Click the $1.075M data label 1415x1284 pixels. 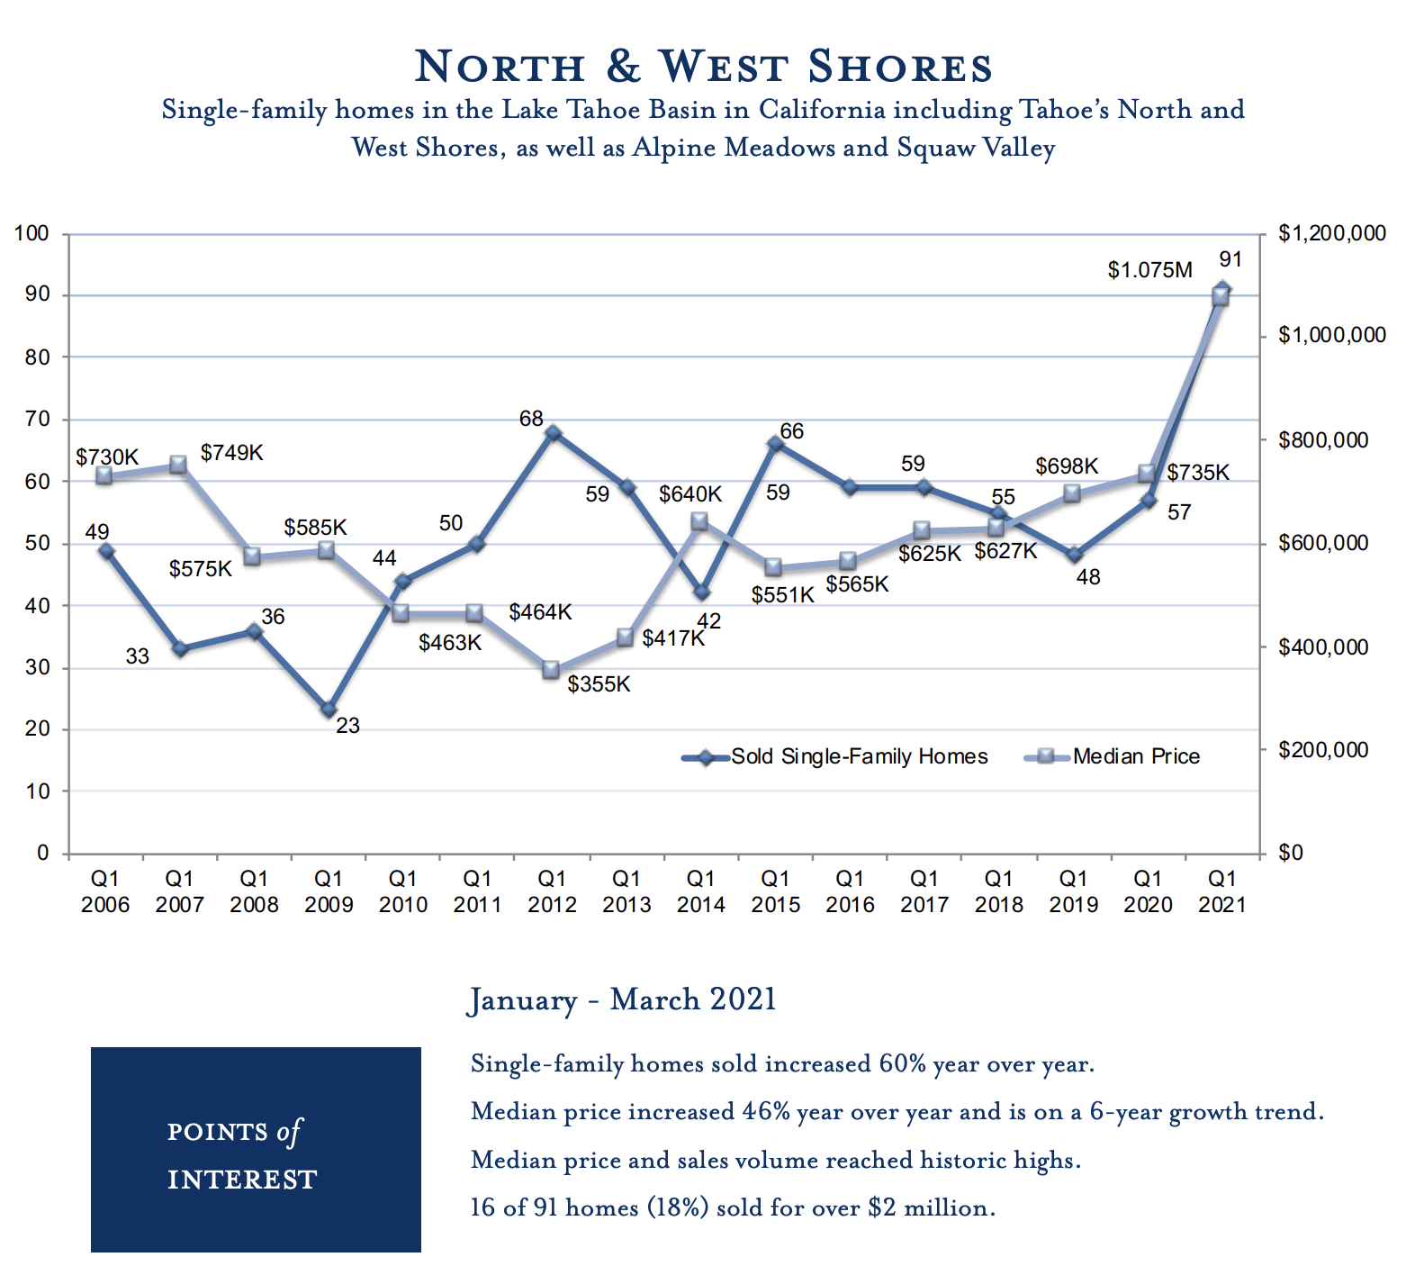click(1149, 270)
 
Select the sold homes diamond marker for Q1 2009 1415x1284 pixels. click(329, 710)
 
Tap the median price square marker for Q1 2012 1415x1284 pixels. click(552, 670)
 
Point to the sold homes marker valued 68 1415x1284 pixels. click(554, 434)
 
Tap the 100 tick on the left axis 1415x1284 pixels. click(32, 234)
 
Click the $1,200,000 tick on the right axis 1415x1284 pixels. click(1332, 234)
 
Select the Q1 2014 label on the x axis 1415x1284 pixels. click(700, 891)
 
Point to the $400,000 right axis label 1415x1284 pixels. click(1323, 647)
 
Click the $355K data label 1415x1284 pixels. click(599, 684)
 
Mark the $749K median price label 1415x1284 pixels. click(231, 453)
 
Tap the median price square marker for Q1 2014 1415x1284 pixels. click(699, 522)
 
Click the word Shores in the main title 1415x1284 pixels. click(899, 68)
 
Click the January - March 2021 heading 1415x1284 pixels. click(622, 1000)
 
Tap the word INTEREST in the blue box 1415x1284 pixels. click(242, 1180)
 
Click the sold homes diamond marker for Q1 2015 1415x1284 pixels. click(775, 444)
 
